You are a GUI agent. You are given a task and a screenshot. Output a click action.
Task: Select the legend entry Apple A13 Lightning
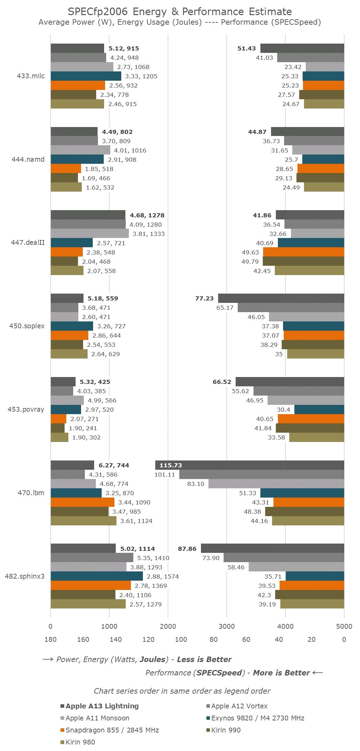tap(102, 706)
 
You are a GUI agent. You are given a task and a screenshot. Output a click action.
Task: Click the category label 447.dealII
tap(31, 243)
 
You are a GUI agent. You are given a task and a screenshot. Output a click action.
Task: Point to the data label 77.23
tap(204, 298)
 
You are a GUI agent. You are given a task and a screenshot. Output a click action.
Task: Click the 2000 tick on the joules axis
tap(168, 626)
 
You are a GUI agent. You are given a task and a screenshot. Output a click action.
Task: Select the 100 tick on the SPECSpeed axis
tap(181, 639)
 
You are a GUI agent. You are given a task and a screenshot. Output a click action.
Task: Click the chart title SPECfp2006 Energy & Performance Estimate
tap(180, 12)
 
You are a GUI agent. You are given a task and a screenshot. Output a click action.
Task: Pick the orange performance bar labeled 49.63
tap(304, 252)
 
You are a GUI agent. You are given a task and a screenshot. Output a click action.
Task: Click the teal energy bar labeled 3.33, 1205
tap(86, 76)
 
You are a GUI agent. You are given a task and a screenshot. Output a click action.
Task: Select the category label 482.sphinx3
tap(25, 576)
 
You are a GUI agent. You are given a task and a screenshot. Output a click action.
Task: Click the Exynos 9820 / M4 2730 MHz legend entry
tap(258, 718)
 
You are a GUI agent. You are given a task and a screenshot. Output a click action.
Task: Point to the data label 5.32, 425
tap(95, 382)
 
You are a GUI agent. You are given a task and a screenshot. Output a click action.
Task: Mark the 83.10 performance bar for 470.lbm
tap(276, 484)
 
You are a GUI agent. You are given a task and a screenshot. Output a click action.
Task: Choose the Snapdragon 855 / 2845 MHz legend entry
tap(112, 730)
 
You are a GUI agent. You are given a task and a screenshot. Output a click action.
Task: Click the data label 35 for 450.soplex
tap(279, 354)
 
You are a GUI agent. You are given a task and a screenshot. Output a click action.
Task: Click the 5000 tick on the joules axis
tap(344, 626)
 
